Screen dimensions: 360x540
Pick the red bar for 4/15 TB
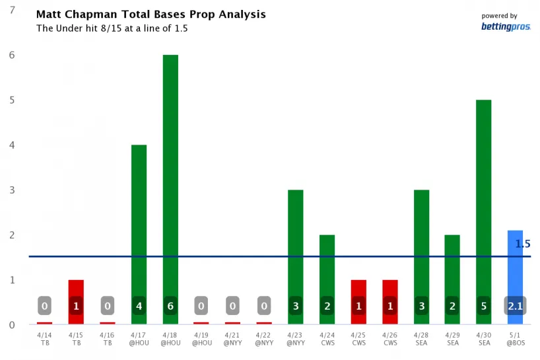click(76, 291)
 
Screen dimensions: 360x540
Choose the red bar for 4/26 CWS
click(390, 291)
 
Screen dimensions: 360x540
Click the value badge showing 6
click(170, 306)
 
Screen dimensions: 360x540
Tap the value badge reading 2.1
click(515, 306)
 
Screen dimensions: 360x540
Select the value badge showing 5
click(484, 306)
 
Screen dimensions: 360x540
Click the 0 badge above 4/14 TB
click(44, 306)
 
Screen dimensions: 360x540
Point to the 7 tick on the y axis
click(11, 11)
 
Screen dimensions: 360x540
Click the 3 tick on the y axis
click(11, 190)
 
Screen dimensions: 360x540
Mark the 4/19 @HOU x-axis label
click(201, 338)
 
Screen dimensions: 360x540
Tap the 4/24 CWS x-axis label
click(327, 338)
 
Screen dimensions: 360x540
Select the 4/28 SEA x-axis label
click(421, 338)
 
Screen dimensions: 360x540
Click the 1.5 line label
click(523, 244)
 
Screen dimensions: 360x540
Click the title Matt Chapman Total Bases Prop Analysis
click(151, 15)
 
